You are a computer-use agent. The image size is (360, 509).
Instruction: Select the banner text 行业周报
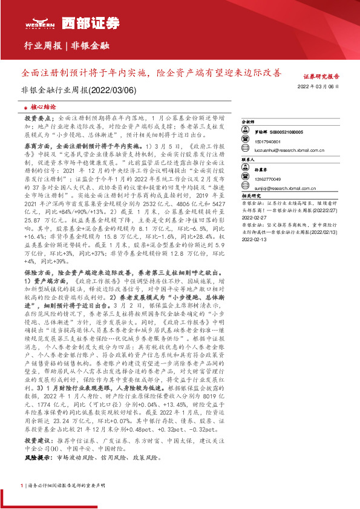point(42,46)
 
